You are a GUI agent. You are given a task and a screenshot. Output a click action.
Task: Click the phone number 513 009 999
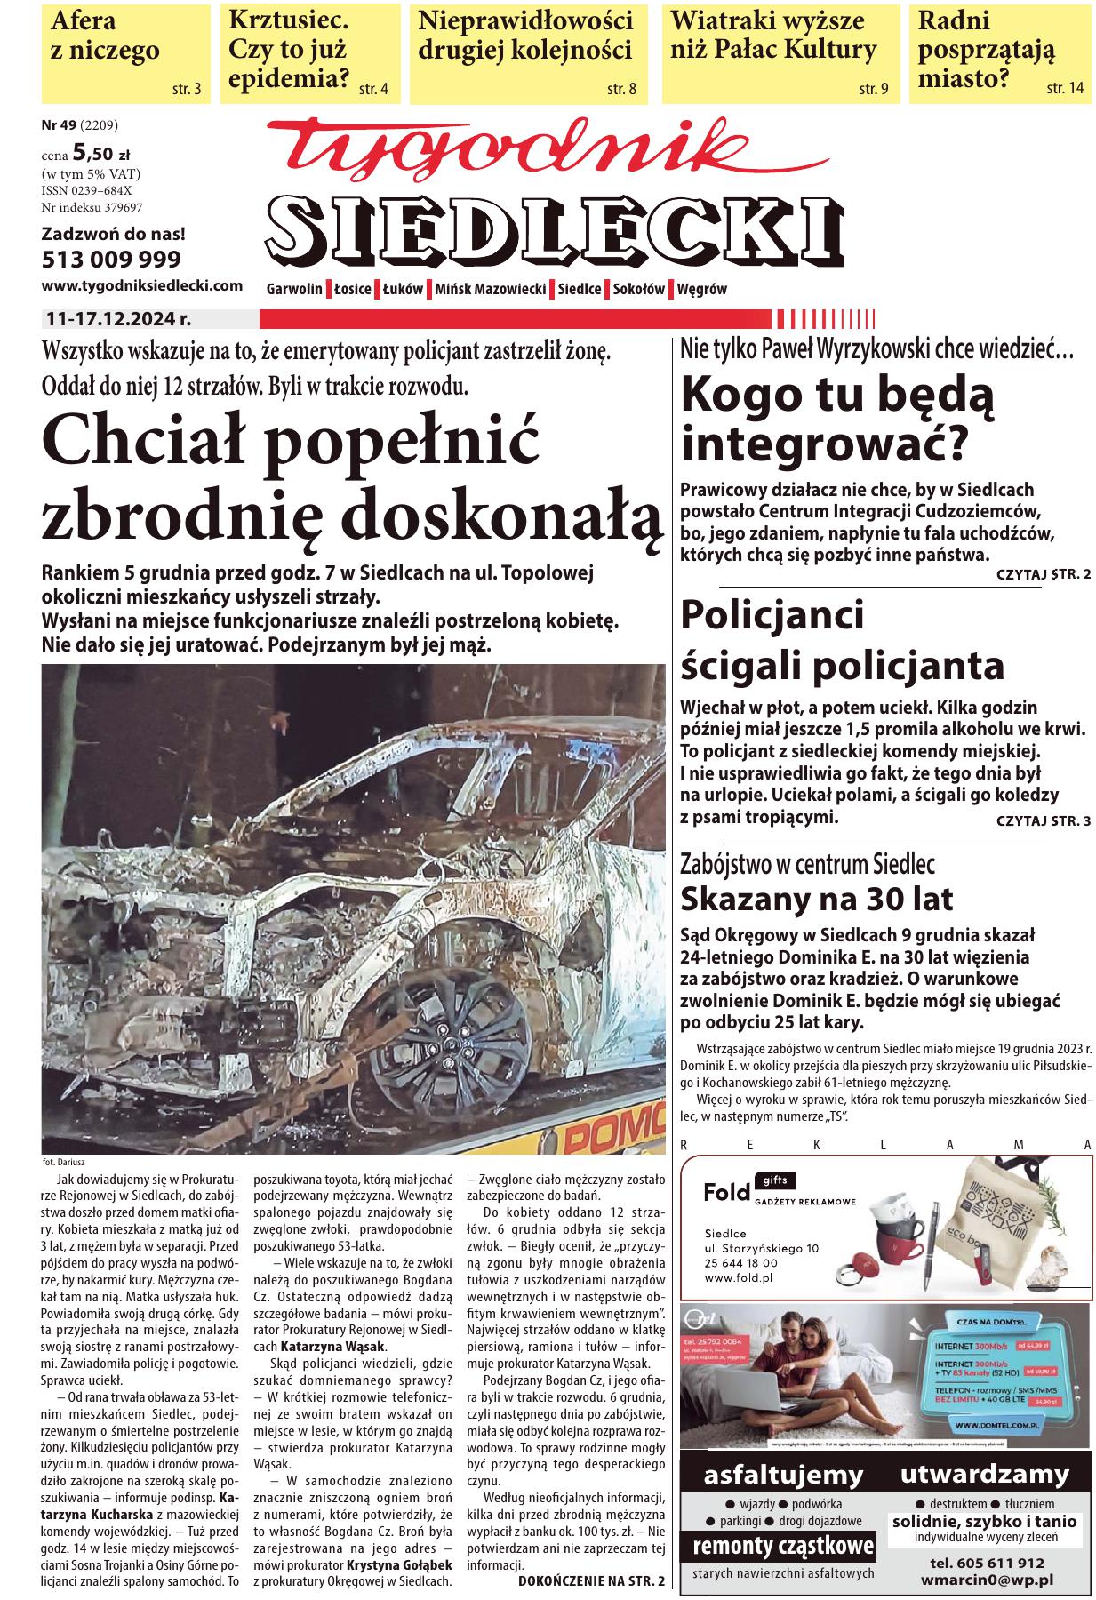[111, 260]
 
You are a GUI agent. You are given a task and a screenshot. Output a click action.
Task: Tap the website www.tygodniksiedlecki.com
[142, 285]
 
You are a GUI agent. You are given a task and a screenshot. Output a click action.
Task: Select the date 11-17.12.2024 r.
[119, 317]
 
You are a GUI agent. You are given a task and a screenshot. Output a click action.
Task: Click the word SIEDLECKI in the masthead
[553, 224]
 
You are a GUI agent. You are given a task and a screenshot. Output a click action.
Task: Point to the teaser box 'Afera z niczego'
[125, 52]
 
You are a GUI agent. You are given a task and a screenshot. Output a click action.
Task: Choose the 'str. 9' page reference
[873, 89]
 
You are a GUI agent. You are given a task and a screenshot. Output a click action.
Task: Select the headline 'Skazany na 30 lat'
[816, 899]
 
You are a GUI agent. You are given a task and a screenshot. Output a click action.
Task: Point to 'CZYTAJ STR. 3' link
[1043, 820]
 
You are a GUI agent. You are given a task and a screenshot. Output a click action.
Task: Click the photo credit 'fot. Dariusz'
[62, 1162]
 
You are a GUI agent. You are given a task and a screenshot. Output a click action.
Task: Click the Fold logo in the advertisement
[726, 1191]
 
